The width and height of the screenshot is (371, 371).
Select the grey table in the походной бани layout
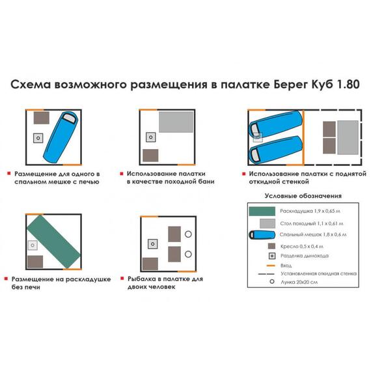click(176, 122)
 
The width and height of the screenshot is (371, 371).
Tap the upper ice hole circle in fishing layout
click(189, 234)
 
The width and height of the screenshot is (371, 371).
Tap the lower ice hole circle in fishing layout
click(189, 254)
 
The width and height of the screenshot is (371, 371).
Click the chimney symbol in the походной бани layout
click(151, 137)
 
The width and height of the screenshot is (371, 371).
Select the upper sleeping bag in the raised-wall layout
click(277, 123)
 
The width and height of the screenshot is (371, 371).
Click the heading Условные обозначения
click(303, 196)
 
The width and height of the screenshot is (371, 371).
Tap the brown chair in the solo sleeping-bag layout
click(42, 118)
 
